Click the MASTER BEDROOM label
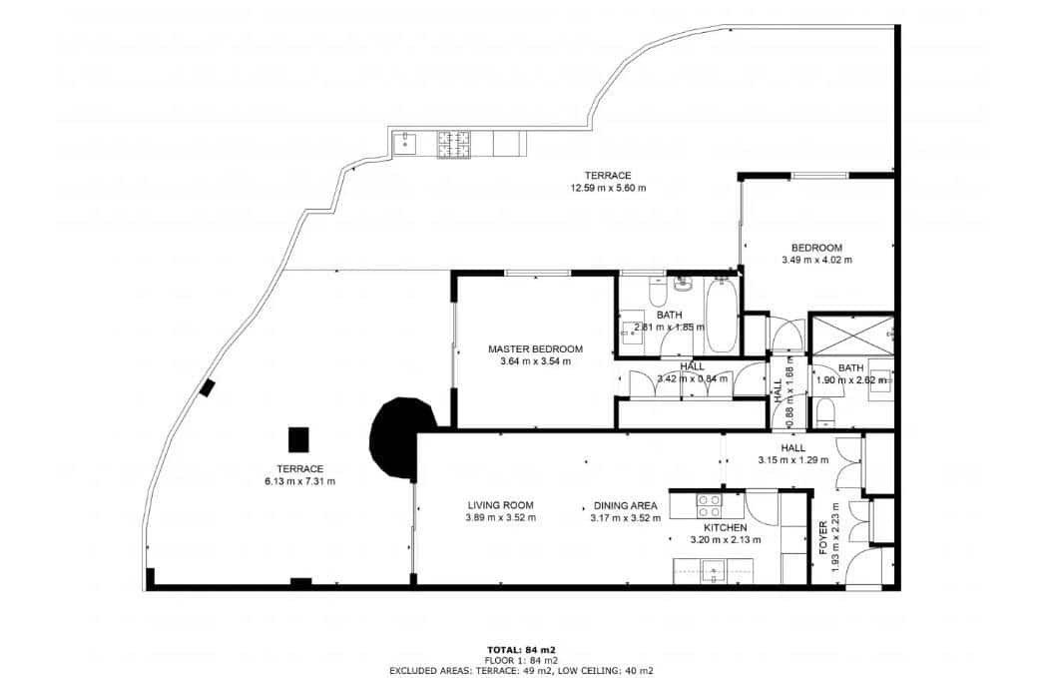535,349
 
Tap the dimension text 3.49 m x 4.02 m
816,260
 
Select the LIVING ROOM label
500,505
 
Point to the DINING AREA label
624,505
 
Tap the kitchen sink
714,572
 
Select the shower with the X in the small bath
849,334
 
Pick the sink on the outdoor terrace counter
406,144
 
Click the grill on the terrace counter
456,144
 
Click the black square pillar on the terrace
297,438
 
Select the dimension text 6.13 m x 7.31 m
299,481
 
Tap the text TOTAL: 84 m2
520,649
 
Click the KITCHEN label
725,527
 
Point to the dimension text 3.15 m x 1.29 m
793,460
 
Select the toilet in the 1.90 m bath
823,411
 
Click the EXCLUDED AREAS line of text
520,671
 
